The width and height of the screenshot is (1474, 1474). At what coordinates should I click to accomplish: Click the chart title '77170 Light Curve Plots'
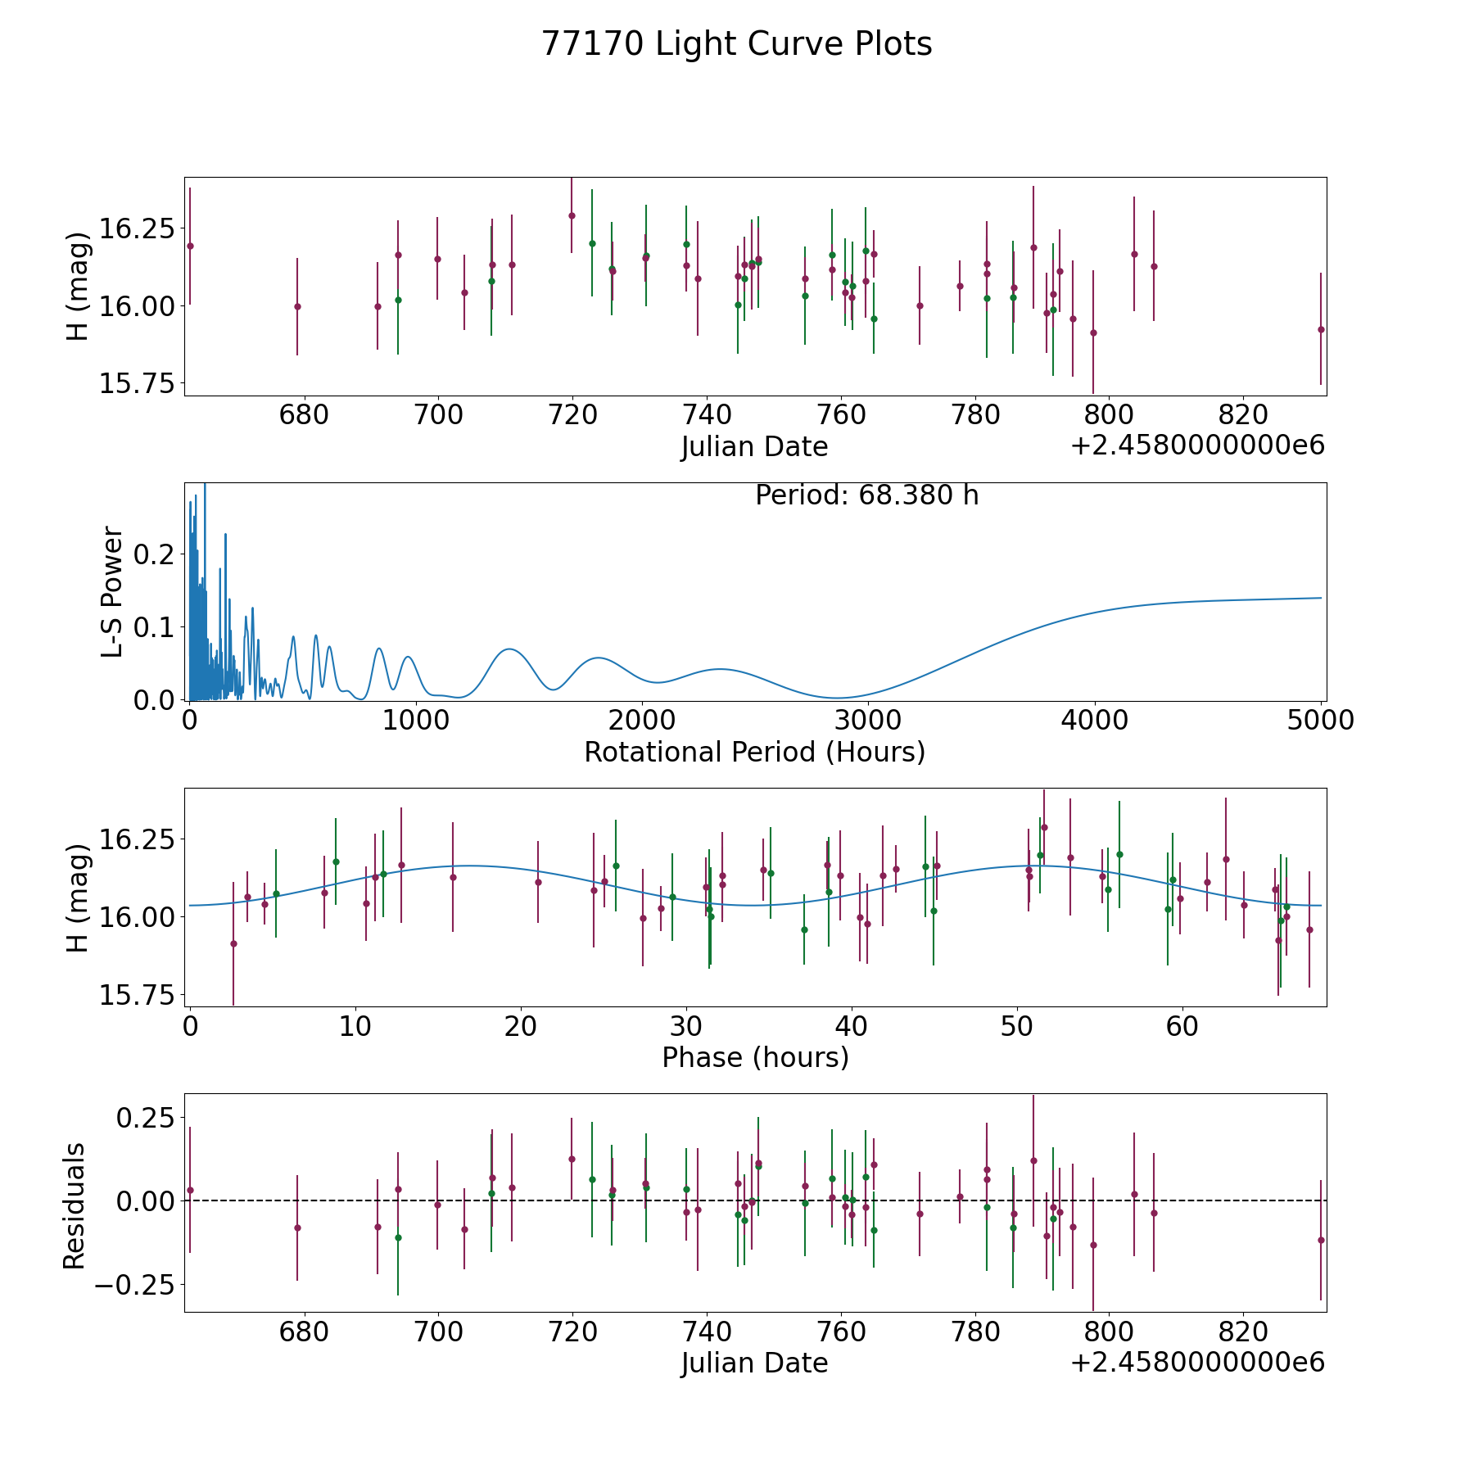[736, 44]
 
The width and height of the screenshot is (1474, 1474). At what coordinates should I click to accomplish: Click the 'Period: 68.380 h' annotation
[866, 495]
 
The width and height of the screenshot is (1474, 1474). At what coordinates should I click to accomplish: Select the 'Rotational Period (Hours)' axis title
[754, 752]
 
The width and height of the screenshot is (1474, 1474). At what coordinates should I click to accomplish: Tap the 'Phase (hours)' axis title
[754, 1057]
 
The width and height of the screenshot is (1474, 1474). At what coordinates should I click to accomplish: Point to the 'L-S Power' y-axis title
[113, 591]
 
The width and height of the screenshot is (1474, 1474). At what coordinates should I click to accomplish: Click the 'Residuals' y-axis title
[75, 1205]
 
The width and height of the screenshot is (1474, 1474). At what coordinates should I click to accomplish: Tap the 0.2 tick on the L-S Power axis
[156, 554]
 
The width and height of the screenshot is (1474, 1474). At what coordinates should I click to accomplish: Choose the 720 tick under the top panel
[572, 415]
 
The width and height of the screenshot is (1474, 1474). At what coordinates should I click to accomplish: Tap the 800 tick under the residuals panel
[1109, 1332]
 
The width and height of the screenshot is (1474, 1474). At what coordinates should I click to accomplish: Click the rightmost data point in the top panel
[1320, 329]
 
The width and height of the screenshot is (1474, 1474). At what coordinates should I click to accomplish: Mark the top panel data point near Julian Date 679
[297, 306]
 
